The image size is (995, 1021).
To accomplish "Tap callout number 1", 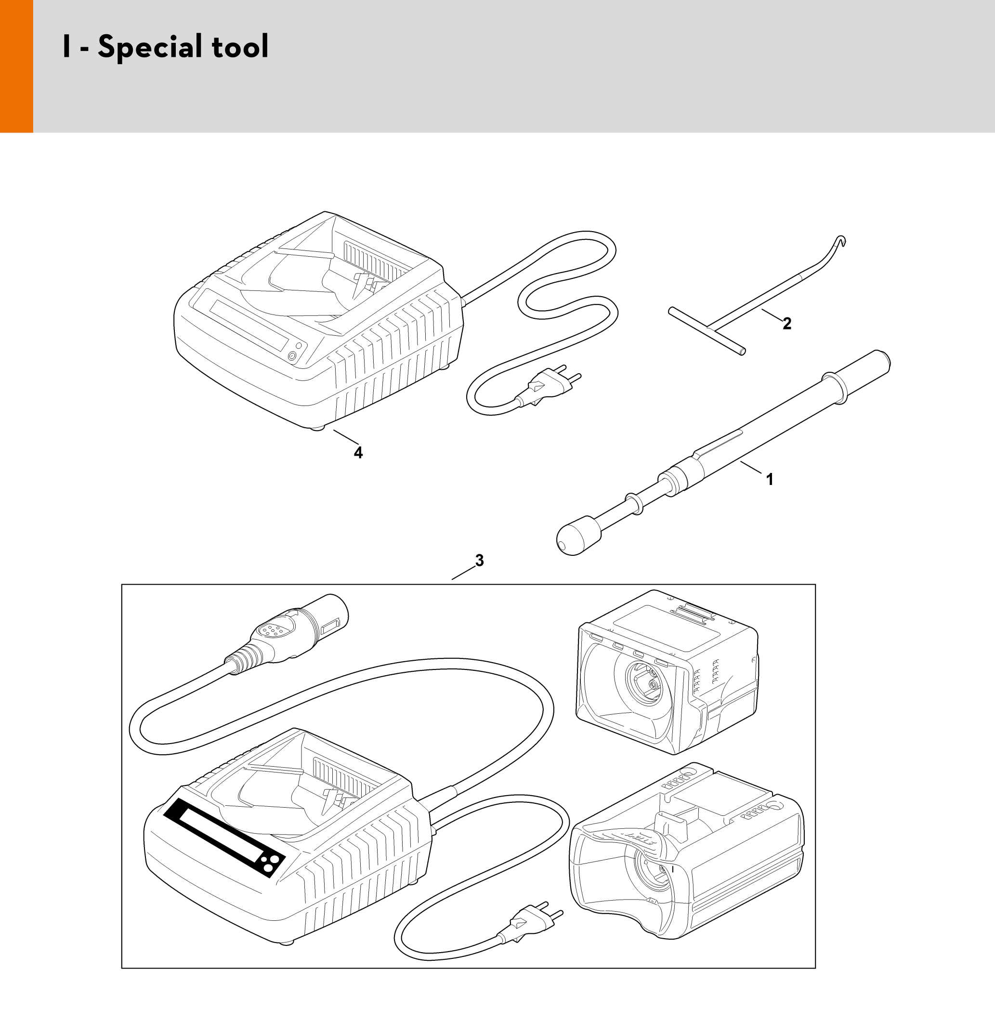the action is coord(769,479).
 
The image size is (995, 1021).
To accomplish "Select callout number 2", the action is coord(787,324).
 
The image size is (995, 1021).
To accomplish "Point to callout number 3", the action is coord(479,561).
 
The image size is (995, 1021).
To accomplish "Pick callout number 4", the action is coord(358,453).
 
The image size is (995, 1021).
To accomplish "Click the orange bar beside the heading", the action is coord(16,66).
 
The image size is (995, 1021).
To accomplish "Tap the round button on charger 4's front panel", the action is coord(291,356).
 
